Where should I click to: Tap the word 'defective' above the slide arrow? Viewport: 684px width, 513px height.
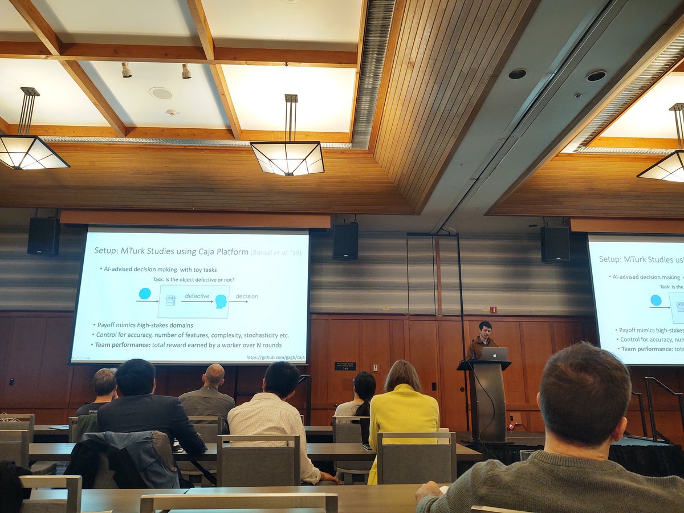click(x=197, y=296)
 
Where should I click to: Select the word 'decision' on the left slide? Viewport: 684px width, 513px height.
click(x=246, y=296)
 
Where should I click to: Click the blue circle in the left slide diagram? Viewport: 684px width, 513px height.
click(x=145, y=294)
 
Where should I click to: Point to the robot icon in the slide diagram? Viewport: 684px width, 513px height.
click(x=170, y=300)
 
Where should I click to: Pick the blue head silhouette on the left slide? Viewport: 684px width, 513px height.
click(x=221, y=302)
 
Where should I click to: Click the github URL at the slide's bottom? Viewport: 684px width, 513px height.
click(x=276, y=357)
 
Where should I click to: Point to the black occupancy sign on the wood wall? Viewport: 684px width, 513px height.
click(x=345, y=366)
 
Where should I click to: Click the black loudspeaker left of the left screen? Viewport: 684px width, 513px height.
click(x=43, y=236)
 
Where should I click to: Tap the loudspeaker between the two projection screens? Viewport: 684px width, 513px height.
click(x=345, y=241)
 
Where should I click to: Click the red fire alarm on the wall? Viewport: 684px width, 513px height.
click(x=494, y=310)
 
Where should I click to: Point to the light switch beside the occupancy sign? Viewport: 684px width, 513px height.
click(x=375, y=368)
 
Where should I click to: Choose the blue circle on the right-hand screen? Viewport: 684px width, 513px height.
click(x=656, y=300)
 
